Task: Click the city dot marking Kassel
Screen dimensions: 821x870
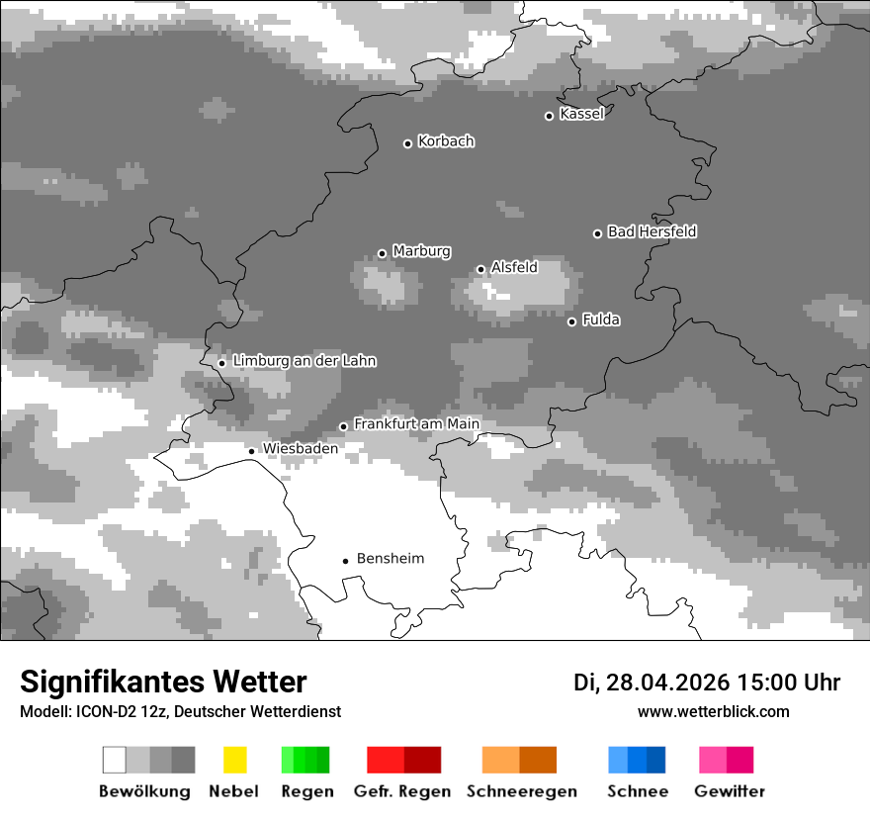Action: point(550,116)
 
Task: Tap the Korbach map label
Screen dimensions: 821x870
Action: point(446,141)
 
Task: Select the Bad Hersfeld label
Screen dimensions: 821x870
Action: point(652,231)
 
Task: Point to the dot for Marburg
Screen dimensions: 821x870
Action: point(383,253)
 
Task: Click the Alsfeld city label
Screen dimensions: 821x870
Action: point(514,267)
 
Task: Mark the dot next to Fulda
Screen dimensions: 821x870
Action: point(571,321)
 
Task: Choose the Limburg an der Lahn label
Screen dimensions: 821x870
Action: point(304,361)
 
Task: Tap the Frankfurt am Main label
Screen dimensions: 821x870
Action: point(416,424)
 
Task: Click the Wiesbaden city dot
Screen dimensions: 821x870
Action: point(252,451)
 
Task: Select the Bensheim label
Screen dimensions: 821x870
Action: point(390,559)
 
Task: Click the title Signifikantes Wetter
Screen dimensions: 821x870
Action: point(163,683)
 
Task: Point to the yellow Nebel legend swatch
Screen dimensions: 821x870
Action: point(234,760)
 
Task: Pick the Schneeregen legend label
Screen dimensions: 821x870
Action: point(522,791)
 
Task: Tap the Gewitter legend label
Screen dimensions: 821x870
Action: point(729,791)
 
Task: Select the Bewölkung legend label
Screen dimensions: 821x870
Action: point(144,791)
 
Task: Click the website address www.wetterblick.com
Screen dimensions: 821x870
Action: point(713,711)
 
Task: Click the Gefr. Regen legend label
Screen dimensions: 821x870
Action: point(402,791)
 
